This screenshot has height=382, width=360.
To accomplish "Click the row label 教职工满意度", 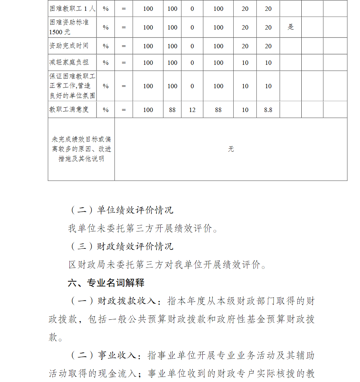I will click(x=69, y=109).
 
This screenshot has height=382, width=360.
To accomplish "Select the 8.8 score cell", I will click(x=268, y=110).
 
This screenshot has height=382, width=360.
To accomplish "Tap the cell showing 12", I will click(x=192, y=110).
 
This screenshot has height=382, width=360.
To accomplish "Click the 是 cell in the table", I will click(x=291, y=27).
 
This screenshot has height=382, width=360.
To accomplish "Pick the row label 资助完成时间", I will click(x=69, y=46).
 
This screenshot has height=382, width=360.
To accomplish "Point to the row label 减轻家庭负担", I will click(x=69, y=63).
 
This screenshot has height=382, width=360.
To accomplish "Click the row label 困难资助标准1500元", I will click(x=69, y=27).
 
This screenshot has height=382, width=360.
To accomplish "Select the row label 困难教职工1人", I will click(x=72, y=8).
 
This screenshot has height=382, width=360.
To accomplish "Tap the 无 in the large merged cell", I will click(x=231, y=149).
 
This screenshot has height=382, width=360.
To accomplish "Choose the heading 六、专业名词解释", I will click(x=106, y=283).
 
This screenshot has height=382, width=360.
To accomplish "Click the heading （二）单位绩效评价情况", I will click(x=121, y=210).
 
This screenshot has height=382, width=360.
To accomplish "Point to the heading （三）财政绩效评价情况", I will click(x=121, y=246).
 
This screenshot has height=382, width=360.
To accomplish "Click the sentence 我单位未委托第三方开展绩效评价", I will click(x=143, y=228).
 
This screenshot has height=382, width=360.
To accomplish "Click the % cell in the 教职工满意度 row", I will click(x=105, y=110).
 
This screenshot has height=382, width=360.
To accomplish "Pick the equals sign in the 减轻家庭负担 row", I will click(x=123, y=63).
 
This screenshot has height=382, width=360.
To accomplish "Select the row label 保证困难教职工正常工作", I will click(x=72, y=86).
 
